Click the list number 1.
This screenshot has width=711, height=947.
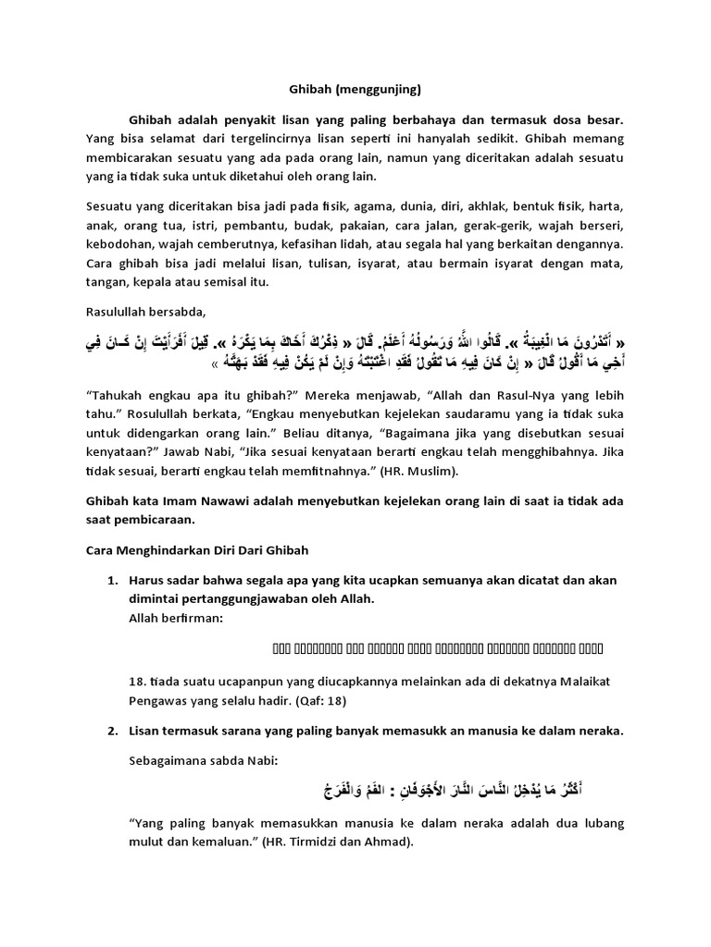(112, 580)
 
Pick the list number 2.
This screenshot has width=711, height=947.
(112, 731)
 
